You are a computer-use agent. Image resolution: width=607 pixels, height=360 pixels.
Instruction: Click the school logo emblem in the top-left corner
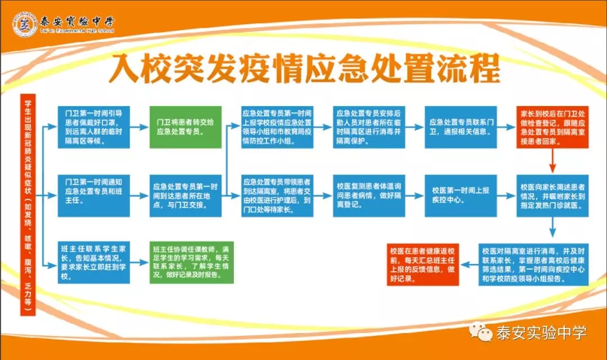click(x=25, y=24)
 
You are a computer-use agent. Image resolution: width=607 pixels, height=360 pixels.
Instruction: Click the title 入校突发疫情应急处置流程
click(x=304, y=69)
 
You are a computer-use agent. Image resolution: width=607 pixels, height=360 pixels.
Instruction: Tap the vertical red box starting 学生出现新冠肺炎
click(x=28, y=204)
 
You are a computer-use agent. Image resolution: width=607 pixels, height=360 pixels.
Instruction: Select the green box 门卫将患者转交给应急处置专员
click(x=185, y=127)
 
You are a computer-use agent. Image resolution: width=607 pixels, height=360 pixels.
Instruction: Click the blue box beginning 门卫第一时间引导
click(x=94, y=127)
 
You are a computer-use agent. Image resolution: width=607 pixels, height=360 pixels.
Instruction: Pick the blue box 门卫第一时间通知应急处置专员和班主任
click(x=94, y=195)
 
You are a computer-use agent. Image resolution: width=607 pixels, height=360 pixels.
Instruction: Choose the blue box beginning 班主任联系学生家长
click(x=94, y=262)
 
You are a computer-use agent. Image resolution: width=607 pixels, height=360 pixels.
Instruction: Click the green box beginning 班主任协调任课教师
click(x=192, y=262)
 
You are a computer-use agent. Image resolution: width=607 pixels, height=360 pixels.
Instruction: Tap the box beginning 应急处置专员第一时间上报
click(x=277, y=127)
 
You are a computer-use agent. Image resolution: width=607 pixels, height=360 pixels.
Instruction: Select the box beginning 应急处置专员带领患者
click(x=277, y=195)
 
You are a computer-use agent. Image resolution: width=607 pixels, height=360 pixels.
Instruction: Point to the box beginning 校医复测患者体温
click(x=369, y=195)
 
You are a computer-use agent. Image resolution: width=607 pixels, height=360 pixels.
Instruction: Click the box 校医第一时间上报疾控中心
click(x=461, y=195)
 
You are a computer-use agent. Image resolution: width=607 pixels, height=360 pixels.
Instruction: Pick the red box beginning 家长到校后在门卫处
click(x=552, y=127)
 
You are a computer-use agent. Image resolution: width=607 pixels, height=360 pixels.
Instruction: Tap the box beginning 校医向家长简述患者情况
click(x=552, y=195)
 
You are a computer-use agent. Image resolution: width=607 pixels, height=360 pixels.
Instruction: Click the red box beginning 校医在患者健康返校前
click(x=423, y=265)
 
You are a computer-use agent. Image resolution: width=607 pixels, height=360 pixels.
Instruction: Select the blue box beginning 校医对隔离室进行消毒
click(x=533, y=265)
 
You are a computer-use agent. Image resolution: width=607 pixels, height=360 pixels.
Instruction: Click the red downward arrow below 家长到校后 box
click(x=552, y=161)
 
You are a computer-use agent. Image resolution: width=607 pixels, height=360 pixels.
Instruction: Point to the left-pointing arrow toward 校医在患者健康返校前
click(x=469, y=265)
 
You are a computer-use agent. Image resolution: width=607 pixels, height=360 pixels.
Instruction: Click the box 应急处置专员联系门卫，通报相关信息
click(x=461, y=127)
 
